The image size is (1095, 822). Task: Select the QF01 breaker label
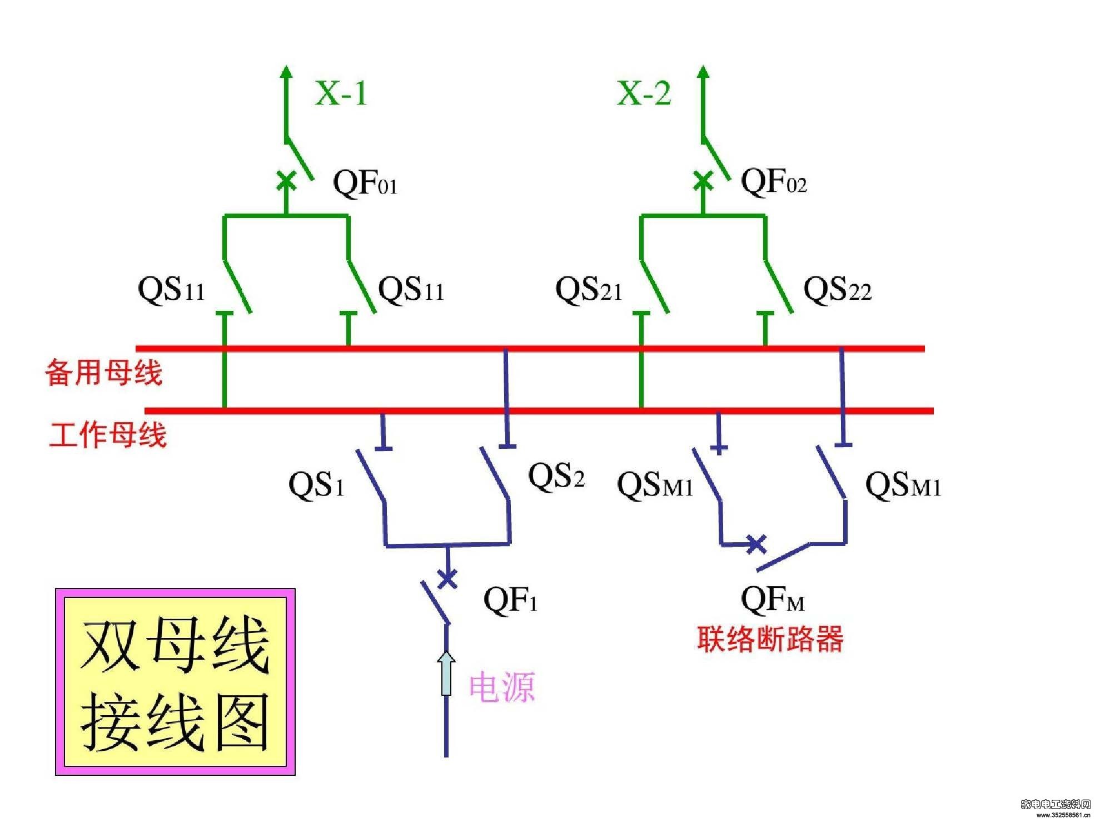[x=365, y=183]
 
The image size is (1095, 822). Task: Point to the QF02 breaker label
[x=774, y=181]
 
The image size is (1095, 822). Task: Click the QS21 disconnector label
[x=589, y=290]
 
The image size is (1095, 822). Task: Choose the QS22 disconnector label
[x=838, y=290]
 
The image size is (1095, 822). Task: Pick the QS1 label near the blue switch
[x=316, y=484]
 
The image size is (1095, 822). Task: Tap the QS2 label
[x=556, y=476]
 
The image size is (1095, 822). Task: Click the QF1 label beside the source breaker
[x=510, y=600]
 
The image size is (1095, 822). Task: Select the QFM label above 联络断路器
[x=773, y=600]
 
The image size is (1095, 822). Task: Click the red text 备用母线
[x=104, y=372]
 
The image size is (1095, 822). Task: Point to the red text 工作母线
[x=108, y=434]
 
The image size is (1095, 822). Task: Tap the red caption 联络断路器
[x=770, y=638]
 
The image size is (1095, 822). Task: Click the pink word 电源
[x=502, y=687]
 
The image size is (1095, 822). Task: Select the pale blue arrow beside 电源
[x=446, y=674]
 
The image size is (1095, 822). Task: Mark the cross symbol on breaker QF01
[x=286, y=181]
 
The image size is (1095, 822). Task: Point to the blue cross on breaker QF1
[x=447, y=578]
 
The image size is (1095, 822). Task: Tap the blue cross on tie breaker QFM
[x=756, y=544]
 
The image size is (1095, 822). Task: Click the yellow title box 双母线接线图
[x=175, y=682]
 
